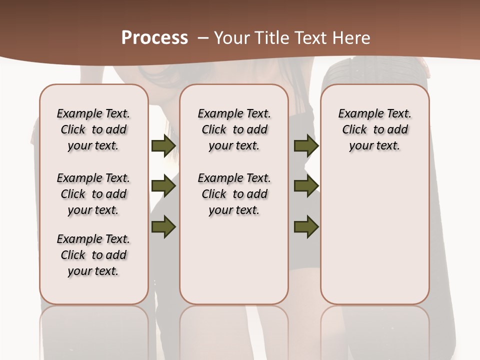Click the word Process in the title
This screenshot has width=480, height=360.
[x=154, y=37]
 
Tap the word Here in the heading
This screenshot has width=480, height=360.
[x=352, y=37]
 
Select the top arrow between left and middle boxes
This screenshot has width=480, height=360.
[x=163, y=146]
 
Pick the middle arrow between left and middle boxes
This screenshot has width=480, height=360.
[x=163, y=186]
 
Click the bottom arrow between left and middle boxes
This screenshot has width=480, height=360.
[x=163, y=226]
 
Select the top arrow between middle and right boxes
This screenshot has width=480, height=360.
[x=306, y=146]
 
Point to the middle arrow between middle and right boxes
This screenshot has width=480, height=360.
[x=306, y=186]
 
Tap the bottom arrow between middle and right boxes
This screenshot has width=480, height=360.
[x=306, y=226]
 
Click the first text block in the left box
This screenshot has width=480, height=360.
[x=93, y=129]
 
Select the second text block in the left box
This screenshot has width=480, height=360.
[x=93, y=194]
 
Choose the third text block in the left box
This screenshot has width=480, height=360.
[x=93, y=255]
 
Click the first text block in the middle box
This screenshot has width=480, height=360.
[x=234, y=129]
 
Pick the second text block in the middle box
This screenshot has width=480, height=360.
[x=234, y=194]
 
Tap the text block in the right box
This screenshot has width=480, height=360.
[x=374, y=129]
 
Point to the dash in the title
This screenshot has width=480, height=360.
[x=203, y=37]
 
